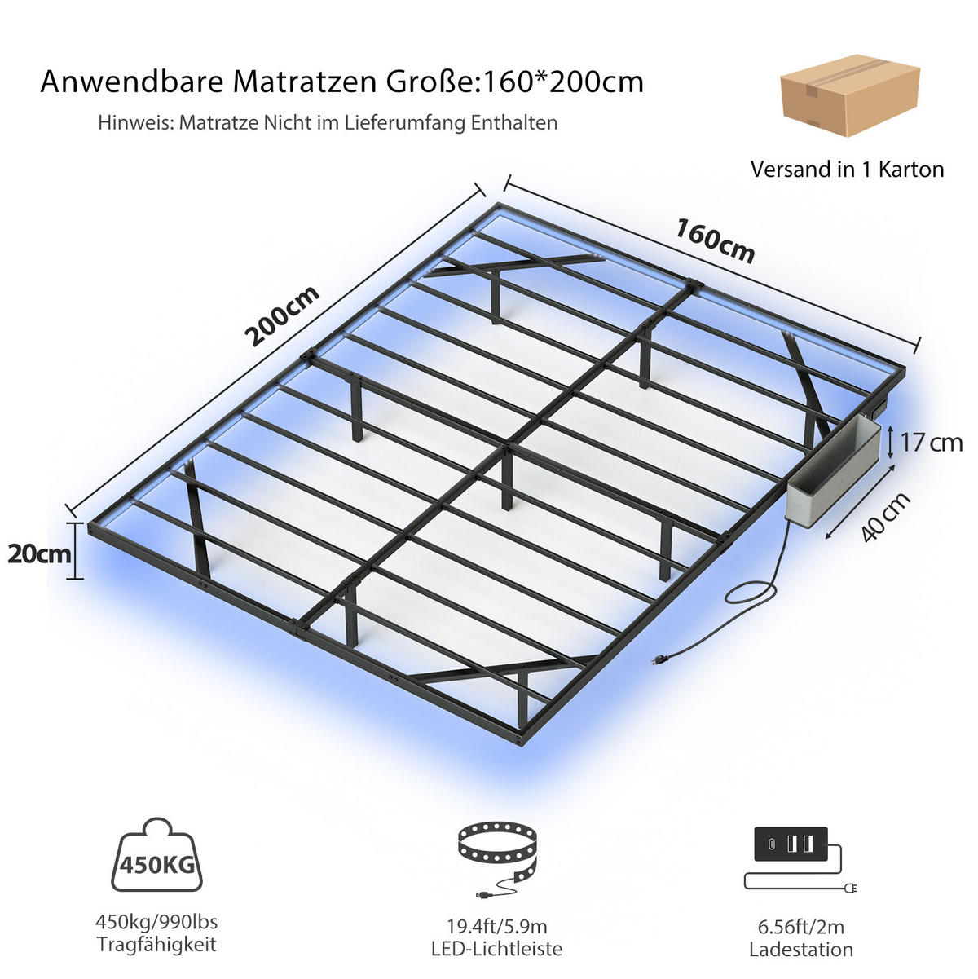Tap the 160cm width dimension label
click(715, 241)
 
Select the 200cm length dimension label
click(283, 315)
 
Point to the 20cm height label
click(39, 553)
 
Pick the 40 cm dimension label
click(886, 516)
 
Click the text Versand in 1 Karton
click(848, 170)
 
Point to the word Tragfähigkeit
click(156, 945)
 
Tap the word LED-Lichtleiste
click(497, 949)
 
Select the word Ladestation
click(801, 949)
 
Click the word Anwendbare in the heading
click(132, 82)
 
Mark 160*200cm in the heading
click(562, 82)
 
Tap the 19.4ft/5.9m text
click(497, 926)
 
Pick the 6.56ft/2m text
click(801, 927)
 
